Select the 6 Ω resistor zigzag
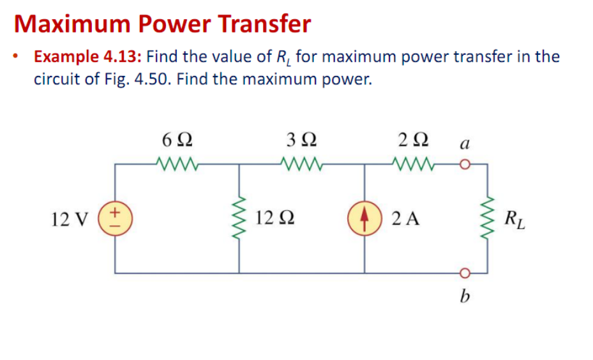(x=176, y=164)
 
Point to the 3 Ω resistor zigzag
(x=301, y=164)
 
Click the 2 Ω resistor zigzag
(x=416, y=164)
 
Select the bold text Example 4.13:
(x=89, y=57)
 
